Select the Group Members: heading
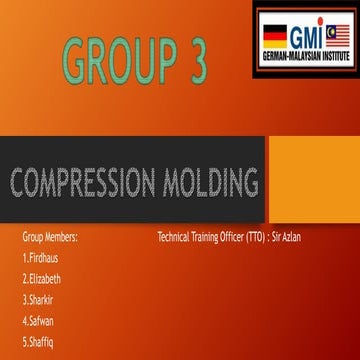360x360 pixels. point(50,238)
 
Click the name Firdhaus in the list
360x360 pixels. point(43,258)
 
